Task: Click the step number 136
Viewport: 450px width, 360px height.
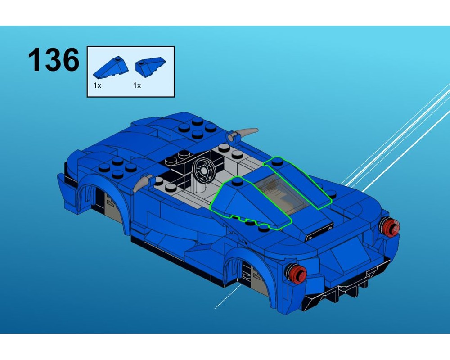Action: pyautogui.click(x=54, y=60)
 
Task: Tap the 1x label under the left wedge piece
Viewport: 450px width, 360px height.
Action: pyautogui.click(x=97, y=85)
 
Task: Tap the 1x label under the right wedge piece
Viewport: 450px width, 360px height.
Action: pyautogui.click(x=137, y=85)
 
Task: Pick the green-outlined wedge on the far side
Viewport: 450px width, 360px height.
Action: pyautogui.click(x=299, y=180)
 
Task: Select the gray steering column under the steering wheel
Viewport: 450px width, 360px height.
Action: pyautogui.click(x=196, y=184)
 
